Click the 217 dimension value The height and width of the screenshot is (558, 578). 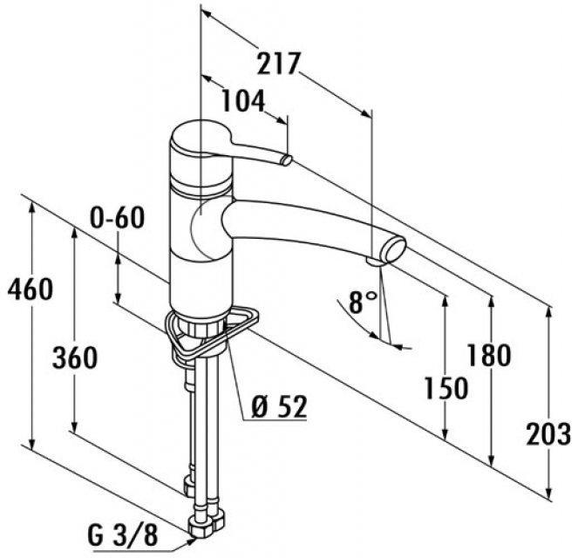coord(280,65)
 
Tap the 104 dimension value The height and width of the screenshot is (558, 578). coord(241,102)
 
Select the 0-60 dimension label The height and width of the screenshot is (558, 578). coord(118,218)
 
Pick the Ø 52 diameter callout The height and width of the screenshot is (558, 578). coord(277,406)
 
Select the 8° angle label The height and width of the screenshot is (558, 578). coord(362,303)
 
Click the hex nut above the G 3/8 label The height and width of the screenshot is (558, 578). coord(207,521)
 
